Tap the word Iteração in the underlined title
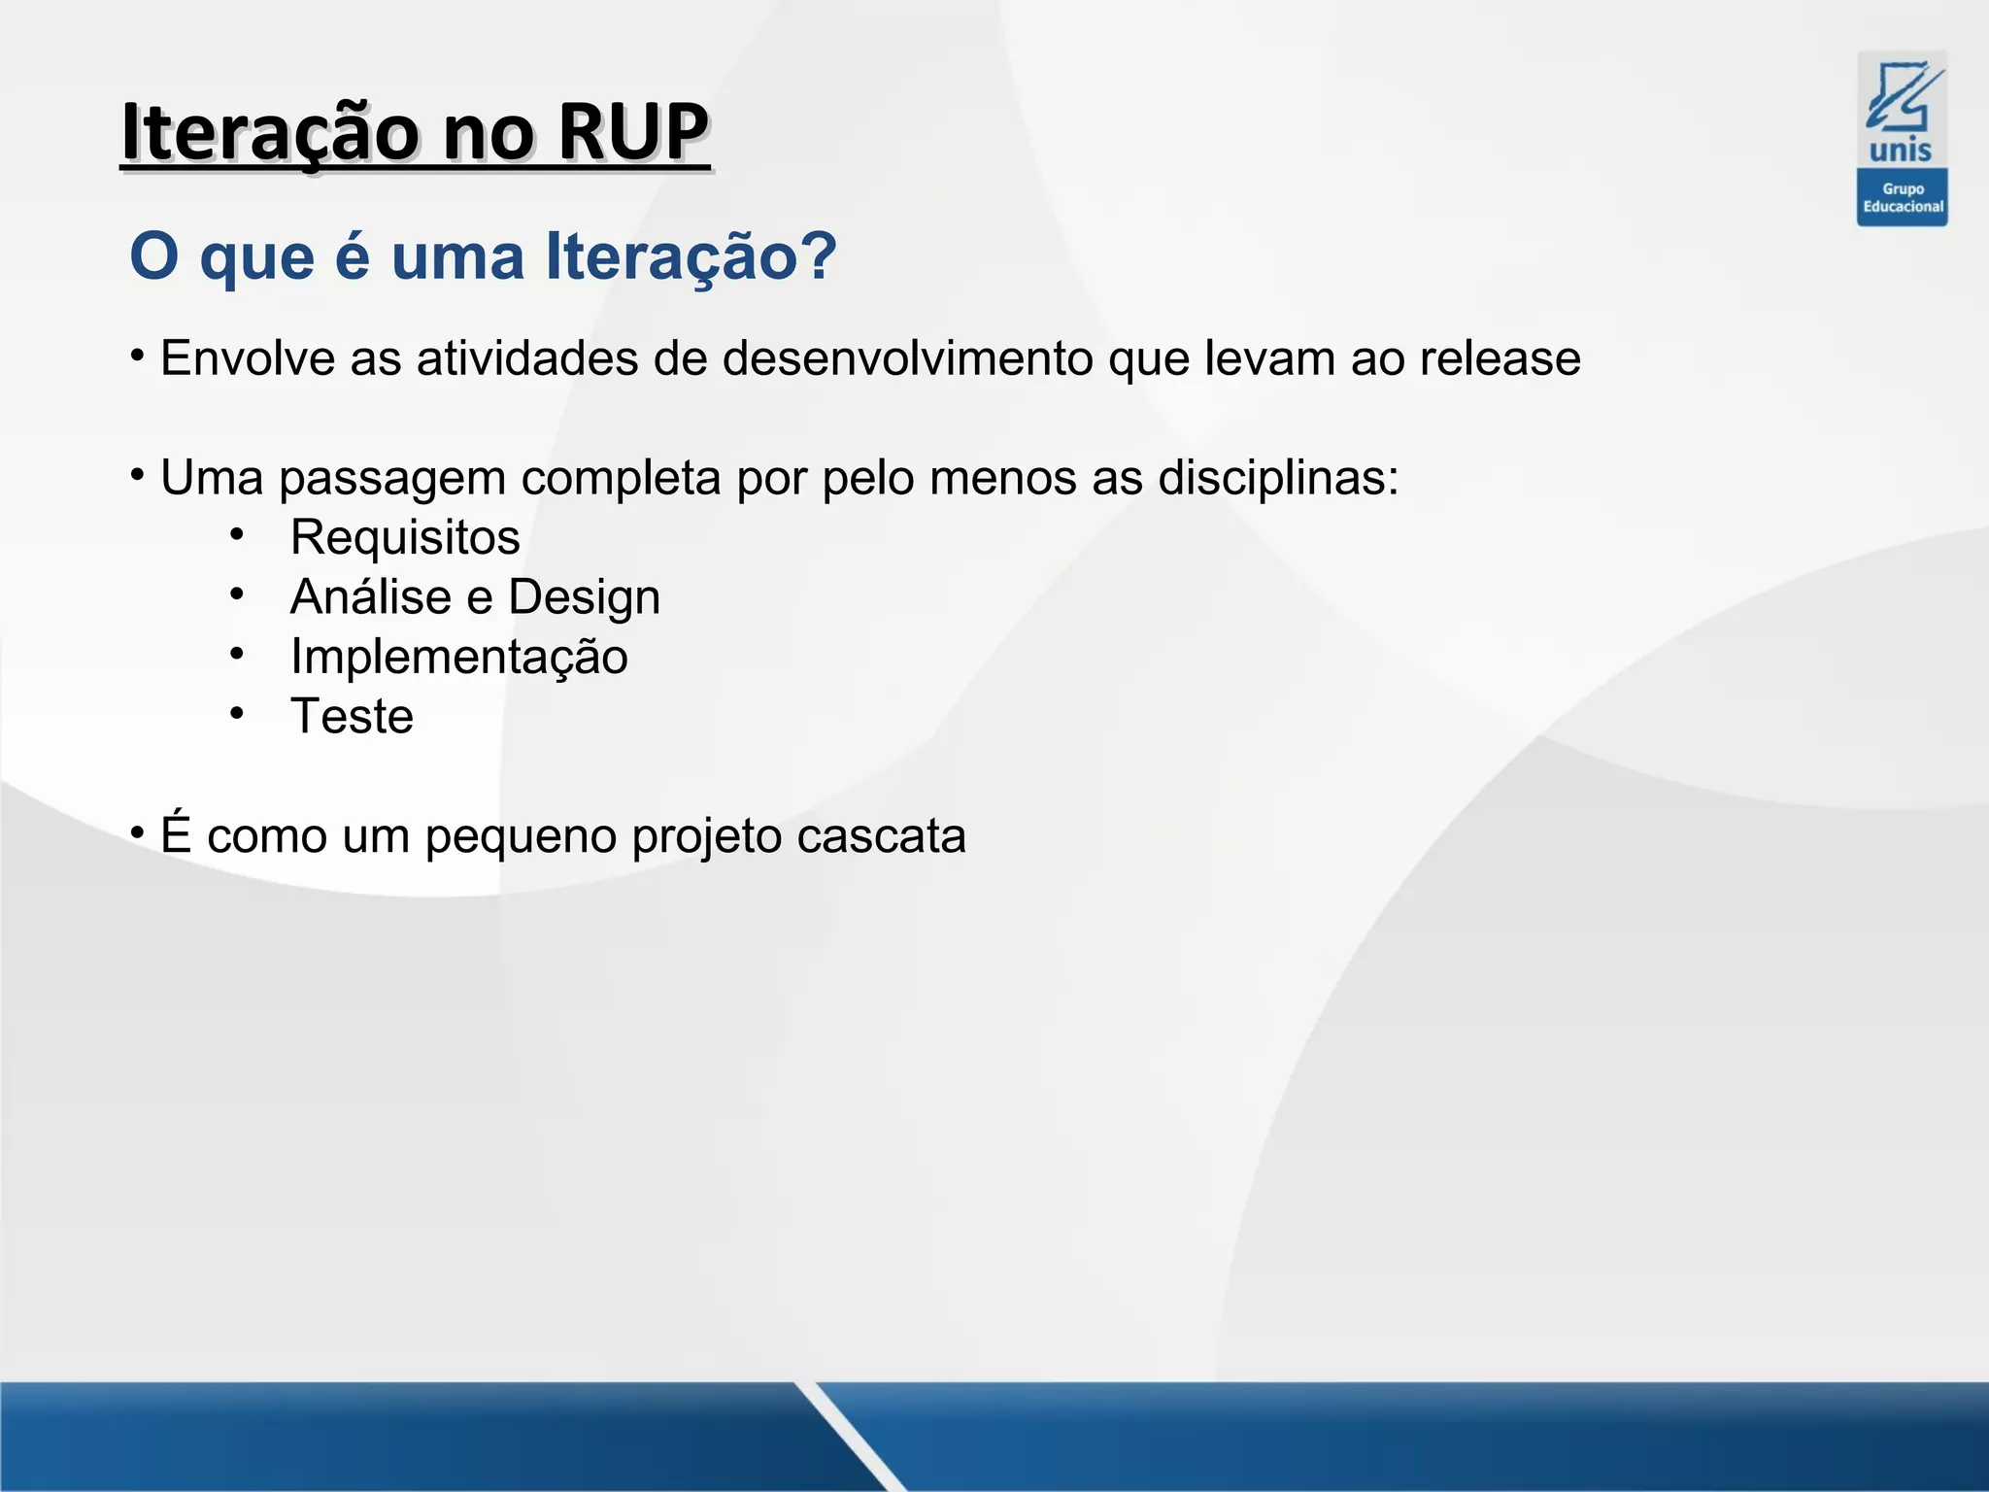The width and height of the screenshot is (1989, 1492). tap(271, 134)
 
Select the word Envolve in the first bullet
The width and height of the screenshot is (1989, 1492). tap(248, 358)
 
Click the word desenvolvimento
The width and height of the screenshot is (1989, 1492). tap(907, 358)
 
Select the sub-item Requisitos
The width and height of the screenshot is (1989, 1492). tap(405, 538)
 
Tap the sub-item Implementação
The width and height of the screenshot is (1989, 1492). tap(459, 658)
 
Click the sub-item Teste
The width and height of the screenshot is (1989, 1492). tap(352, 717)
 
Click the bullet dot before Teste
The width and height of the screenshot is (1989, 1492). tap(237, 715)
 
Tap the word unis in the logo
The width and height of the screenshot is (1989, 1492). tap(1901, 151)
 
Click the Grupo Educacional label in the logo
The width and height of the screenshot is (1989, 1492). tap(1903, 198)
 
